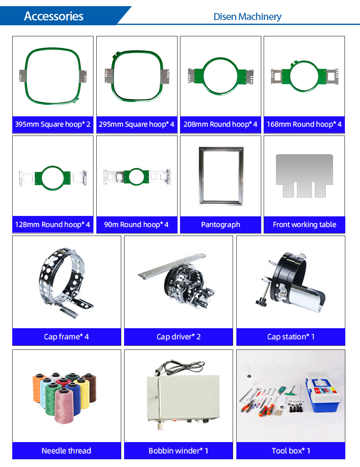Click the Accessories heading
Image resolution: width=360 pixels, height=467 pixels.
(53, 16)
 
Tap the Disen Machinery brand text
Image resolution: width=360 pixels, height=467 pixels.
(247, 17)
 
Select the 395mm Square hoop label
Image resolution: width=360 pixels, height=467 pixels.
(53, 124)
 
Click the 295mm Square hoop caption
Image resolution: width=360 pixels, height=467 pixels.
(137, 124)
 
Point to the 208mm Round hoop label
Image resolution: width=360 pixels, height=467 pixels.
(220, 124)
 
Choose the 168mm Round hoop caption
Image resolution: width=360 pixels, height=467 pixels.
(304, 124)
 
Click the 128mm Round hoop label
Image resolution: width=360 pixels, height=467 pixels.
(53, 225)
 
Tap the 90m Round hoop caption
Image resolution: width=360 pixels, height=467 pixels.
(136, 225)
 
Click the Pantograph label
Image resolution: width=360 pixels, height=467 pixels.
(221, 225)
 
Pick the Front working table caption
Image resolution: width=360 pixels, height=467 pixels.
(304, 225)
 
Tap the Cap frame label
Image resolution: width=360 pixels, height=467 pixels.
(67, 337)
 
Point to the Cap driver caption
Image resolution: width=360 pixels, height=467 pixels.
(179, 337)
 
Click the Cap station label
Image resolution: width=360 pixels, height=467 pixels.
(291, 337)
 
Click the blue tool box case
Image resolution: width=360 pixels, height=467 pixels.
(323, 393)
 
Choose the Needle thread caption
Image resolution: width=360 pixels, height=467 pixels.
(67, 451)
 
